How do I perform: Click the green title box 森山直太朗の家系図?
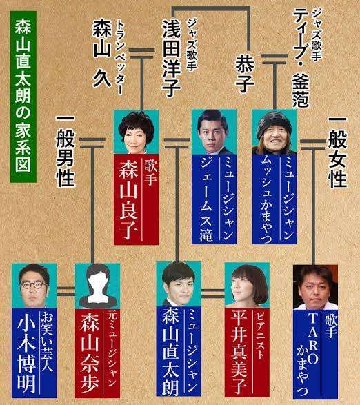(x=23, y=97)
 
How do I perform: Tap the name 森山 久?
(x=102, y=53)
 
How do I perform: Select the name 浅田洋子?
(x=171, y=58)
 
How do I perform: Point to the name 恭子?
(x=244, y=75)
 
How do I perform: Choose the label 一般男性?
(x=65, y=150)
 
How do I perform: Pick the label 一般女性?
(x=337, y=152)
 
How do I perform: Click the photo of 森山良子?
(x=136, y=132)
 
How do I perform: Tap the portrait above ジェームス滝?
(x=214, y=132)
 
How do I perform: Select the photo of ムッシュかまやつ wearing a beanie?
(x=274, y=132)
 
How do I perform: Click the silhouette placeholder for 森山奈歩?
(x=97, y=286)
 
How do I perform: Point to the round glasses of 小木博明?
(x=34, y=286)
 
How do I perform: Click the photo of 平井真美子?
(x=247, y=286)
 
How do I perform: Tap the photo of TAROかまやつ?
(x=316, y=288)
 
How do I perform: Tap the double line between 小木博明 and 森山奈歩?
(x=66, y=291)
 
